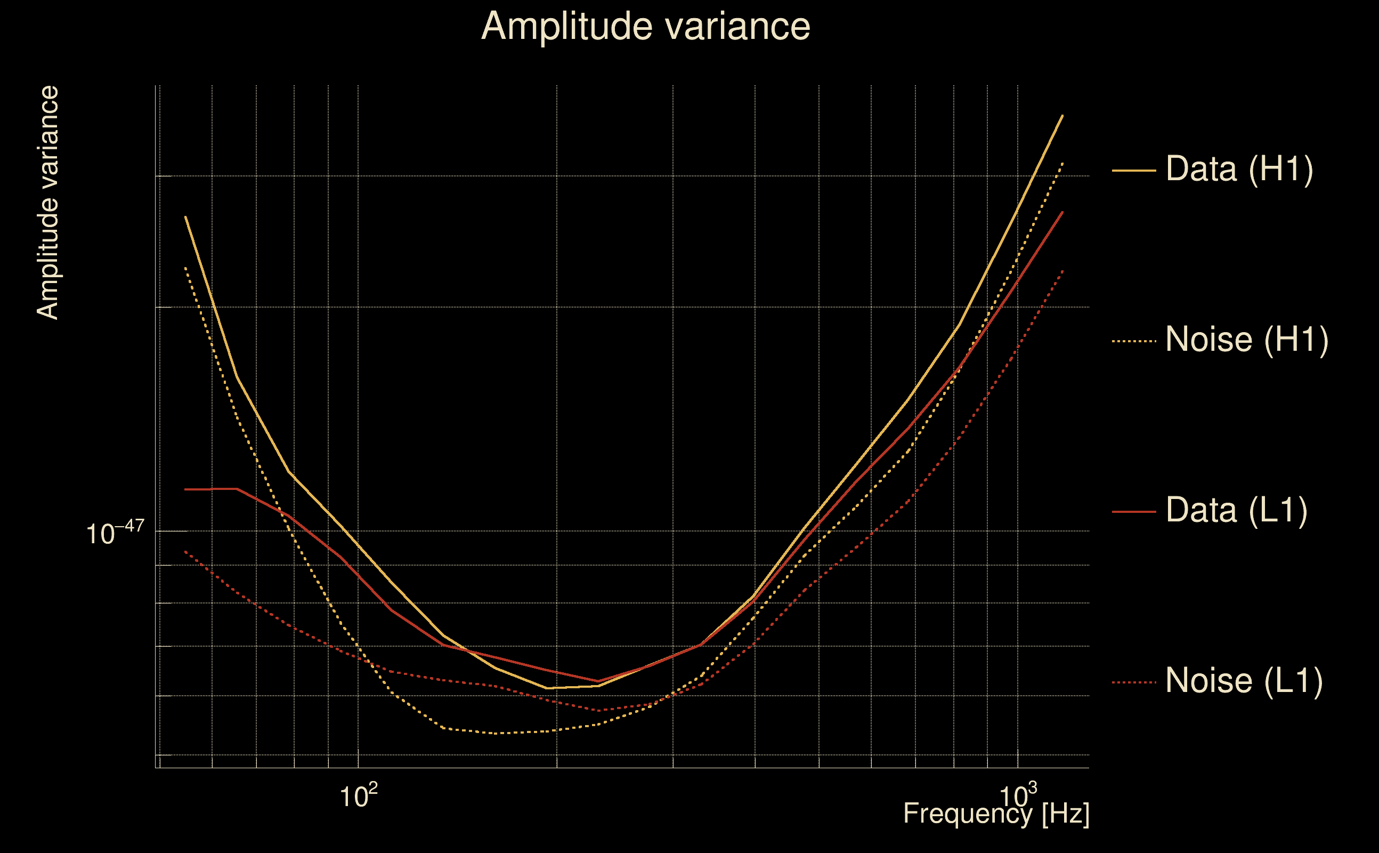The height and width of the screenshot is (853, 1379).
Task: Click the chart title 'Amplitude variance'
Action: tap(645, 27)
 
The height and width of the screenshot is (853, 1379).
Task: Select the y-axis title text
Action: tap(47, 203)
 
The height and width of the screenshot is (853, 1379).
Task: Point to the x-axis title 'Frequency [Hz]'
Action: tap(996, 814)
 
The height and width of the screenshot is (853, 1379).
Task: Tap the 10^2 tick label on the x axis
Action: tap(358, 796)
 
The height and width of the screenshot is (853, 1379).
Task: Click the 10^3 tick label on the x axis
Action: tap(1017, 796)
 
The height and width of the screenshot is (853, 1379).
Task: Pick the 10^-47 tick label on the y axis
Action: tap(115, 532)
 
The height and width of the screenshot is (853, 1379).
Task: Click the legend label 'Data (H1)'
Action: tap(1239, 168)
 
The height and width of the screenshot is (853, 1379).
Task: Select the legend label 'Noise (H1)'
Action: tap(1246, 340)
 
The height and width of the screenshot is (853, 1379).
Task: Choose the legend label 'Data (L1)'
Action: tap(1236, 511)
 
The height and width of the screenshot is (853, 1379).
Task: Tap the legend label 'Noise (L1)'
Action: tap(1244, 681)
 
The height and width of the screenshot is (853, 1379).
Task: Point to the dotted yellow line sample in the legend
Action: tap(1134, 341)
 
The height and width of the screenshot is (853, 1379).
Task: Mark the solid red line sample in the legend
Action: tap(1134, 512)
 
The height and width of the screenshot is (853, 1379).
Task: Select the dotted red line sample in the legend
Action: tap(1134, 682)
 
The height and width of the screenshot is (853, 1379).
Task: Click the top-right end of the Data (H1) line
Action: tap(1062, 116)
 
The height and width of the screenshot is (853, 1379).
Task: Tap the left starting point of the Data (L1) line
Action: tap(185, 489)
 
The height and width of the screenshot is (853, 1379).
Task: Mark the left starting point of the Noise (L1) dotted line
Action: tap(185, 551)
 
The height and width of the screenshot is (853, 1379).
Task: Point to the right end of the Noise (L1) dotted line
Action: tap(1062, 271)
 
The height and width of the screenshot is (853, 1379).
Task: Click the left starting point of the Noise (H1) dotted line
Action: tap(185, 268)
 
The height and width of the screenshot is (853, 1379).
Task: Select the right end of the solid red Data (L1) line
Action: tap(1062, 212)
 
